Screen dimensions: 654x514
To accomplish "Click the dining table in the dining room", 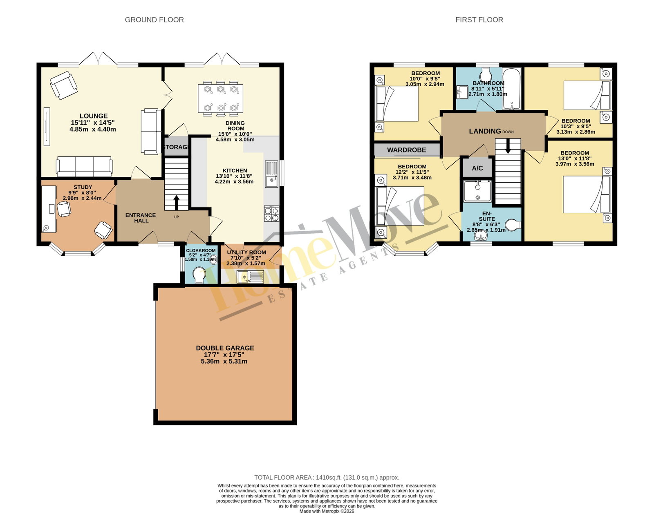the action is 220,98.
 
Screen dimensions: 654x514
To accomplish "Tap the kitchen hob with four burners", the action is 271,214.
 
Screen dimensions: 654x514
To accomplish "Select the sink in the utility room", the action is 251,277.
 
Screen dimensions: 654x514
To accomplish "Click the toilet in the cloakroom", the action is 199,275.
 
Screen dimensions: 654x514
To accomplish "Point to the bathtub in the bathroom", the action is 511,88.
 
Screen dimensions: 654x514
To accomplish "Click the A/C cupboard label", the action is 477,168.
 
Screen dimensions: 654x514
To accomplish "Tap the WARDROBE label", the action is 406,150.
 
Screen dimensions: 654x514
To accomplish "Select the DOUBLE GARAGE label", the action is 225,348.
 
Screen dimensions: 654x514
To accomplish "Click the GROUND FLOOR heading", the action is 155,20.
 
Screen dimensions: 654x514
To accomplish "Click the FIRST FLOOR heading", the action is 479,20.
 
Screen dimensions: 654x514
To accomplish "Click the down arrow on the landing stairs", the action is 508,146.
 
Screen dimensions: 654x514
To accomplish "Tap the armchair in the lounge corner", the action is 64,85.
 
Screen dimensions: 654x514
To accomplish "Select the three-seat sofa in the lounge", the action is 84,166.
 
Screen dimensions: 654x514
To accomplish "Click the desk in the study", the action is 49,209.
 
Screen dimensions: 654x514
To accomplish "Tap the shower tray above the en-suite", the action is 477,191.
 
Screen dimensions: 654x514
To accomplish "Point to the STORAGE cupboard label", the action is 176,147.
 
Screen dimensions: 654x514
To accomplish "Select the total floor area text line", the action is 327,477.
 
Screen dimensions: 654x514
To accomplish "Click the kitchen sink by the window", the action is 272,174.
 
